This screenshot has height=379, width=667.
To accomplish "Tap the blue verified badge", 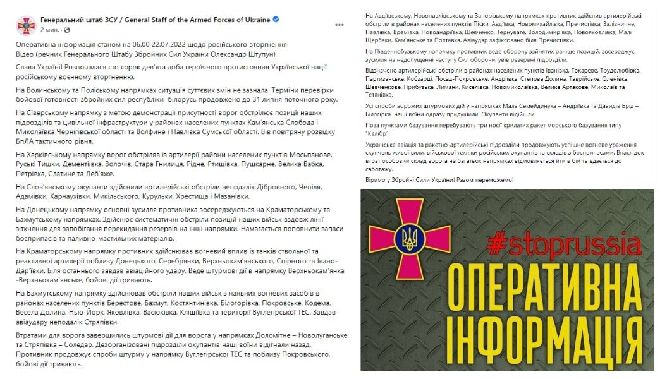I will pos(276,20).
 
